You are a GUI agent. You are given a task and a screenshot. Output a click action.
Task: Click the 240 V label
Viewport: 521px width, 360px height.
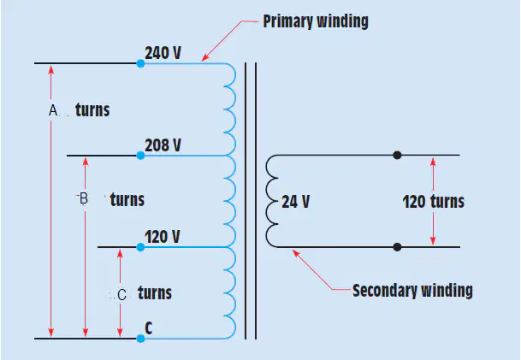(163, 53)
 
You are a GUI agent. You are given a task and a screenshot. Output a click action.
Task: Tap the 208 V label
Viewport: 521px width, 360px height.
(163, 145)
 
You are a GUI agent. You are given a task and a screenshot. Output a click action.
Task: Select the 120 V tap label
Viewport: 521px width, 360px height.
(163, 237)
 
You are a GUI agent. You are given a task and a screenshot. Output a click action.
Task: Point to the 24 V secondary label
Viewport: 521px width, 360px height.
(296, 202)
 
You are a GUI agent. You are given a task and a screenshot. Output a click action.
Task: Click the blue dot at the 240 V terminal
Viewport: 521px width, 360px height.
(140, 63)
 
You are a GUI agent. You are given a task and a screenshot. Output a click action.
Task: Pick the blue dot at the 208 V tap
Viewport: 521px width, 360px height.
(140, 155)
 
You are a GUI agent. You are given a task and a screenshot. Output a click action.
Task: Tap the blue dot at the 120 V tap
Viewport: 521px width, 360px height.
(140, 247)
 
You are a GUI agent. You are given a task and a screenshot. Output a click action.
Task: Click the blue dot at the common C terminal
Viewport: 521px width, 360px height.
(140, 339)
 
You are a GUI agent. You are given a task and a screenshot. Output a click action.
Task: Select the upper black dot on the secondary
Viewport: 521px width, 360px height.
(397, 155)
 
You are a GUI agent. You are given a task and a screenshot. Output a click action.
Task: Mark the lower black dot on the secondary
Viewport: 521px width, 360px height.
(397, 247)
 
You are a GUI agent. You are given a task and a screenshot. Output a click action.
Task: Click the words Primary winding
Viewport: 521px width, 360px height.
(316, 21)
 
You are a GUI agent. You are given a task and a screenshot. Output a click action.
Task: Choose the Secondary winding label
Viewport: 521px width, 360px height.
(412, 291)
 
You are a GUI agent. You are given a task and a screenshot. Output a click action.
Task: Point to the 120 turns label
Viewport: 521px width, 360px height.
(433, 202)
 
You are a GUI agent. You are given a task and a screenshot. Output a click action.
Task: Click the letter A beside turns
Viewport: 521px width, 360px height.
(53, 110)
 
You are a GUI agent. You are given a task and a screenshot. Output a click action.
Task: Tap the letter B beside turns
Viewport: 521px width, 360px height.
(84, 198)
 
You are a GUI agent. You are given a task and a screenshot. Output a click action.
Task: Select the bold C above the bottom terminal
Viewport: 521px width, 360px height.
(149, 328)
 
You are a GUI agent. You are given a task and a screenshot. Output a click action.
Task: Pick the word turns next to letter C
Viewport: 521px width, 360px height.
(155, 293)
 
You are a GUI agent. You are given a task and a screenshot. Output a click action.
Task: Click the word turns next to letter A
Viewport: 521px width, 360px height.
(92, 110)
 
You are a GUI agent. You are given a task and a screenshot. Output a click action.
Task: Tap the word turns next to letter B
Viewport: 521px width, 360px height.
(127, 199)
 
